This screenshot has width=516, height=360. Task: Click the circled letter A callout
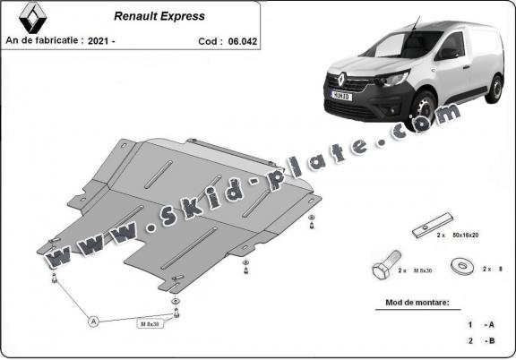(92, 320)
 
